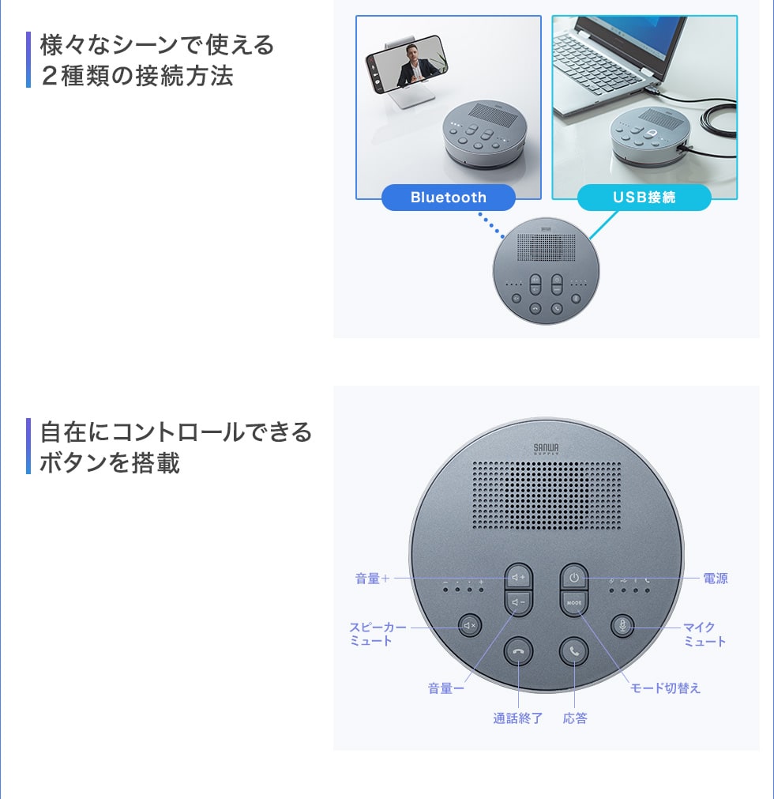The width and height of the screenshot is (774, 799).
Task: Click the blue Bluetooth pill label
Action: [x=448, y=198]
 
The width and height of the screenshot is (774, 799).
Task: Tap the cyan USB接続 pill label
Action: [x=644, y=198]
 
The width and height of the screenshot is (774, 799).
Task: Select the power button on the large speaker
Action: [x=574, y=578]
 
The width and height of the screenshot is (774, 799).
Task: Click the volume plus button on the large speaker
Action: [x=518, y=578]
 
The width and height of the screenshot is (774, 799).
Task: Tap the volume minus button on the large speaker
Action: [x=518, y=602]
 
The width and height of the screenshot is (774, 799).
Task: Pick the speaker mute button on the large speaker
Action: [x=469, y=625]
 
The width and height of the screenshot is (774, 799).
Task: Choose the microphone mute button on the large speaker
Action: [x=622, y=625]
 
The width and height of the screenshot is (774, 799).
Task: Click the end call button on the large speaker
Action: [x=518, y=651]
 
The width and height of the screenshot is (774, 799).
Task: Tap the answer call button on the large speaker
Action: [x=574, y=651]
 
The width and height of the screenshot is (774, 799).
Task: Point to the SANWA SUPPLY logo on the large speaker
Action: [x=546, y=449]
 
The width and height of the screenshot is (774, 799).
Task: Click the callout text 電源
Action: [x=716, y=579]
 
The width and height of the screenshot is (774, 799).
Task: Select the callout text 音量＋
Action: [x=372, y=579]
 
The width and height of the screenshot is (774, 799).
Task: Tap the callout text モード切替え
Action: [x=665, y=688]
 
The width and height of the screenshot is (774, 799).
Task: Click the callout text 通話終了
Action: [x=518, y=718]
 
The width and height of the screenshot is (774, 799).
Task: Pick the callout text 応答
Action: [x=575, y=718]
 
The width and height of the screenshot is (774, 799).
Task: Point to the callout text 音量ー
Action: [x=446, y=688]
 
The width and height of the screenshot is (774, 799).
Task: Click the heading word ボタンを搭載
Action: [x=110, y=462]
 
